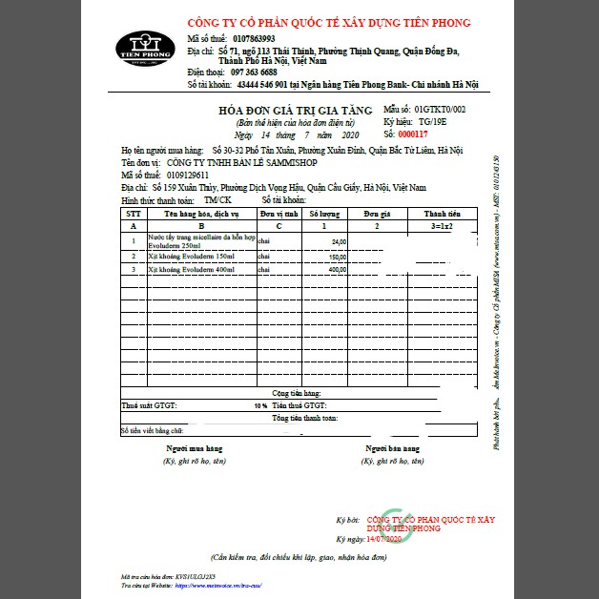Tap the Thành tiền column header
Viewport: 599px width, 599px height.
coord(442,215)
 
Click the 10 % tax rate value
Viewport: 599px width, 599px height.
coord(260,405)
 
